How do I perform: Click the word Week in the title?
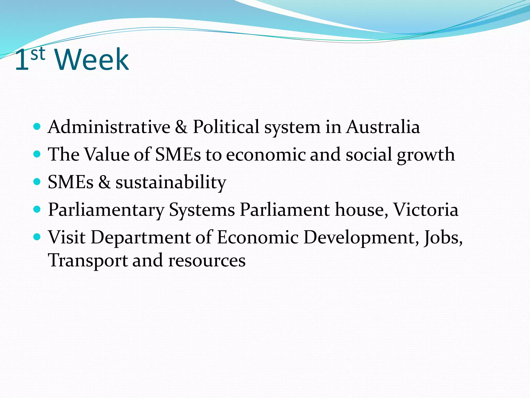click(92, 60)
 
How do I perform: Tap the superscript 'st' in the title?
click(38, 54)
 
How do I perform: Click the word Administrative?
click(109, 127)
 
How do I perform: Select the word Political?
click(226, 127)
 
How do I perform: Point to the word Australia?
click(383, 127)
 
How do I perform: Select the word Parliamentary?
click(106, 210)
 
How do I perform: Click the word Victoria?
click(426, 210)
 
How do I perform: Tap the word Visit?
click(67, 237)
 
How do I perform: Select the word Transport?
click(88, 261)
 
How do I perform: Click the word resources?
click(207, 261)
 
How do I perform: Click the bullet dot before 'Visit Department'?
click(37, 237)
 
